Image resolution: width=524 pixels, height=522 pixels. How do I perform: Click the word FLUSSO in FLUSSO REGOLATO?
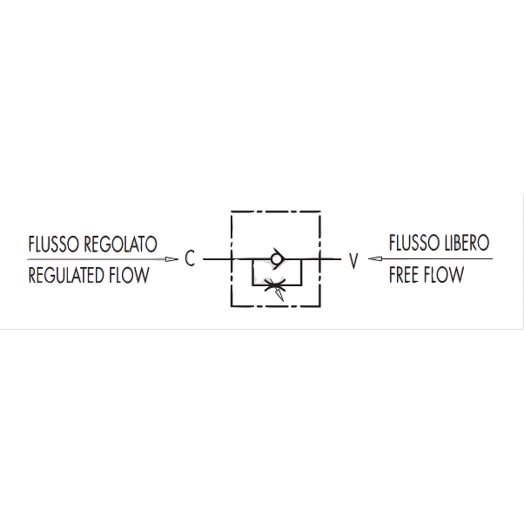pos(54,244)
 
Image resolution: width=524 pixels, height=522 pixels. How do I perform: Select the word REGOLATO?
pos(120,244)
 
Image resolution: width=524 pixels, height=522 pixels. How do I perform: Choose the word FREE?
pos(404,275)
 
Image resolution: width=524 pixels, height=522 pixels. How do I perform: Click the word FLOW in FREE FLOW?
pos(443,275)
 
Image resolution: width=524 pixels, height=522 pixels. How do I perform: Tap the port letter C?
pos(190,258)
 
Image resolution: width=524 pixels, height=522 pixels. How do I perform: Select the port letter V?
pos(353,261)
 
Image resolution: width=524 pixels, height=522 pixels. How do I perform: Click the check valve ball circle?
pos(276,259)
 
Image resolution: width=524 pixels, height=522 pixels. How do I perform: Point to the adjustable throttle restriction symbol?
pos(274,284)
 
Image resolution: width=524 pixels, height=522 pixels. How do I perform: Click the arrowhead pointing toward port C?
pos(172,259)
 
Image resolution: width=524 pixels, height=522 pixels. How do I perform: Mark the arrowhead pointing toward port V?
pos(375,259)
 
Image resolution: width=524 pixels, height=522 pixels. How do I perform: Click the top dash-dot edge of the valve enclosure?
pos(276,211)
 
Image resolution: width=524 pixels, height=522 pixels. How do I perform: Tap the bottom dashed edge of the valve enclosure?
pos(276,306)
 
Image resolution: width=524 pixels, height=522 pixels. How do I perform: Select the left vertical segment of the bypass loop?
pos(252,271)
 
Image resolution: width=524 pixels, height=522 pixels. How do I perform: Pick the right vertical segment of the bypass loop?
pos(301,271)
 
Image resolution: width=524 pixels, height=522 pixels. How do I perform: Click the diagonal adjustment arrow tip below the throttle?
pos(283,300)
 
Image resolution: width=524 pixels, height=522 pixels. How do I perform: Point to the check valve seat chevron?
pos(279,259)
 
